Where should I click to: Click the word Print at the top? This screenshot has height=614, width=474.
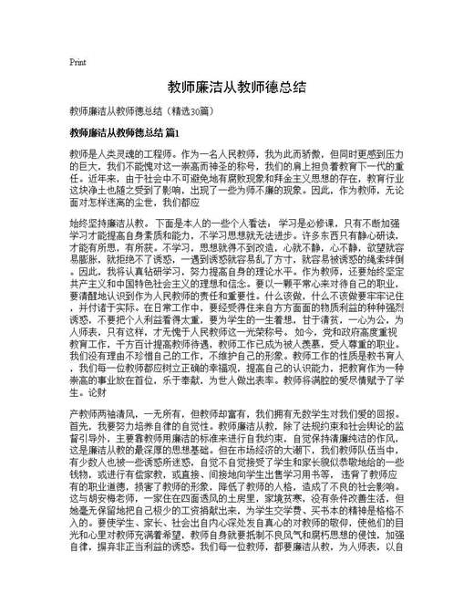[x=77, y=62]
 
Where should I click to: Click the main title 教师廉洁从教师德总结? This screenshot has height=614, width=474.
[x=237, y=87]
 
